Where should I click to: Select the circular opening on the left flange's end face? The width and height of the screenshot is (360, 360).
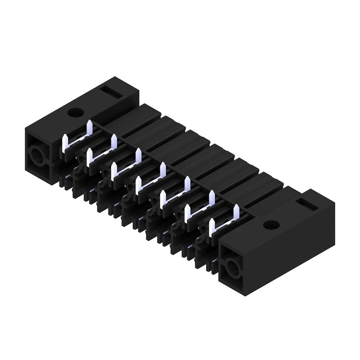coord(35,157)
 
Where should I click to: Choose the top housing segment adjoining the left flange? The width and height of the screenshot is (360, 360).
coord(135,121)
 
